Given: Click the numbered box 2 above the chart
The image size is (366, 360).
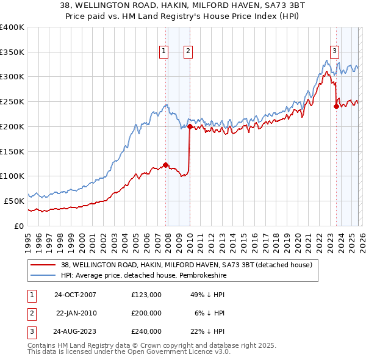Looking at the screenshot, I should click(x=187, y=52).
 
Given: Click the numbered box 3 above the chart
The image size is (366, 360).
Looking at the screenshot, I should click(x=335, y=52).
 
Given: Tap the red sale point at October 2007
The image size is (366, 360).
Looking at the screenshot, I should click(x=165, y=164).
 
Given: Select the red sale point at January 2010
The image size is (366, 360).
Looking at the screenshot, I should click(x=190, y=127).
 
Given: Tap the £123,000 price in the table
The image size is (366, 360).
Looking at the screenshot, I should click(x=146, y=294).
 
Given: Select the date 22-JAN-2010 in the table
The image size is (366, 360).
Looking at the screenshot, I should click(x=77, y=312).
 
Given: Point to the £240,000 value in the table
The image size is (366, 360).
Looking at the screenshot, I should click(x=146, y=331).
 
